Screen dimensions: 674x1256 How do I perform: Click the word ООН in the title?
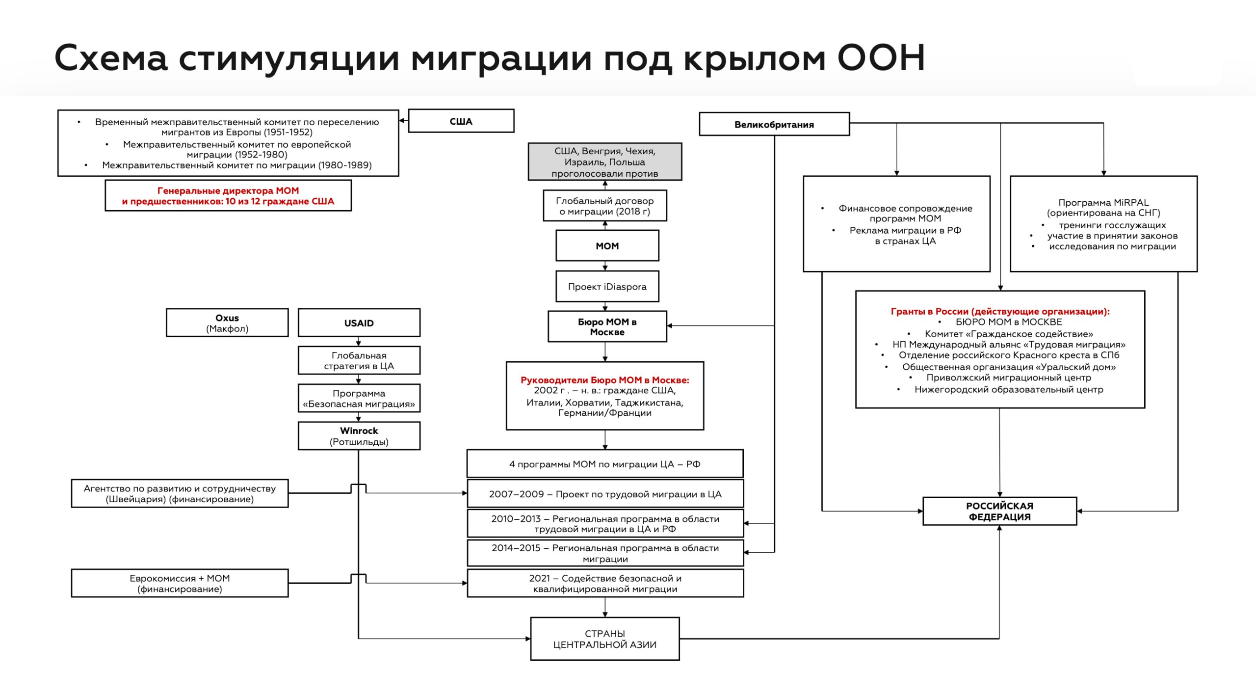pos(881,58)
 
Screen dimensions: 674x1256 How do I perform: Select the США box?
pos(461,121)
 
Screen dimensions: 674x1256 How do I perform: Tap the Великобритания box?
pos(774,124)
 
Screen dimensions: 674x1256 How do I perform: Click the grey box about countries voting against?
pos(604,162)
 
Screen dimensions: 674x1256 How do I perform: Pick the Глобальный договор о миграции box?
pos(604,206)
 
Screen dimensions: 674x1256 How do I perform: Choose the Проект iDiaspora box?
pos(607,287)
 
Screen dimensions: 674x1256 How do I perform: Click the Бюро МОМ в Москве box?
pos(607,327)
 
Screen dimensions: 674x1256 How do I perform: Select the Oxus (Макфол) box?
pos(227,323)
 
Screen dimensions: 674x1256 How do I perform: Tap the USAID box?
pos(359,323)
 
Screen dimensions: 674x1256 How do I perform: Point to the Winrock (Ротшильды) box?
pos(359,436)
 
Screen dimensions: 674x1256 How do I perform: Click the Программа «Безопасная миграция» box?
pos(359,399)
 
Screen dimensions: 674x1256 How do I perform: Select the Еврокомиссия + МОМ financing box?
pos(180,583)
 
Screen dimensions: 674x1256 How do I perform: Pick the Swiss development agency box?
pos(180,494)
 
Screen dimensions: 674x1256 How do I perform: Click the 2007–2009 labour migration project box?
pos(605,494)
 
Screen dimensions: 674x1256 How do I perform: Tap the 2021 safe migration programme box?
pos(605,584)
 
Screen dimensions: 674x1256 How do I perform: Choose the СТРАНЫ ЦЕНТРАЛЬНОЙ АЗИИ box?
pos(604,639)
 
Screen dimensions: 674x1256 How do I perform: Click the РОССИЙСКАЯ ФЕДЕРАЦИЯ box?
pos(999,512)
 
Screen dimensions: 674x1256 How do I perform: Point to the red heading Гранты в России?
pos(1000,311)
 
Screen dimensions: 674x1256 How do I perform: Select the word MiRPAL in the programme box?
pos(1131,202)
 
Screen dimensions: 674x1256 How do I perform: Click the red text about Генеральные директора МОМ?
pos(228,196)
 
